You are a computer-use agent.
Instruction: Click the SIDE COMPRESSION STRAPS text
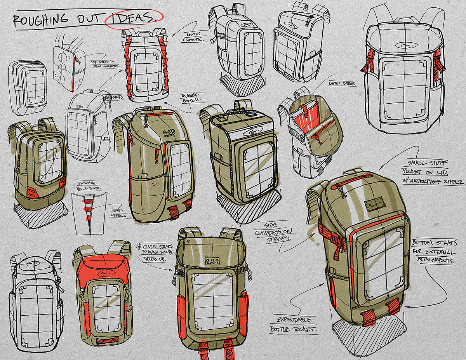tap(274, 231)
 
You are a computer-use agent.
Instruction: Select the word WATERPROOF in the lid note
tap(431, 181)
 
